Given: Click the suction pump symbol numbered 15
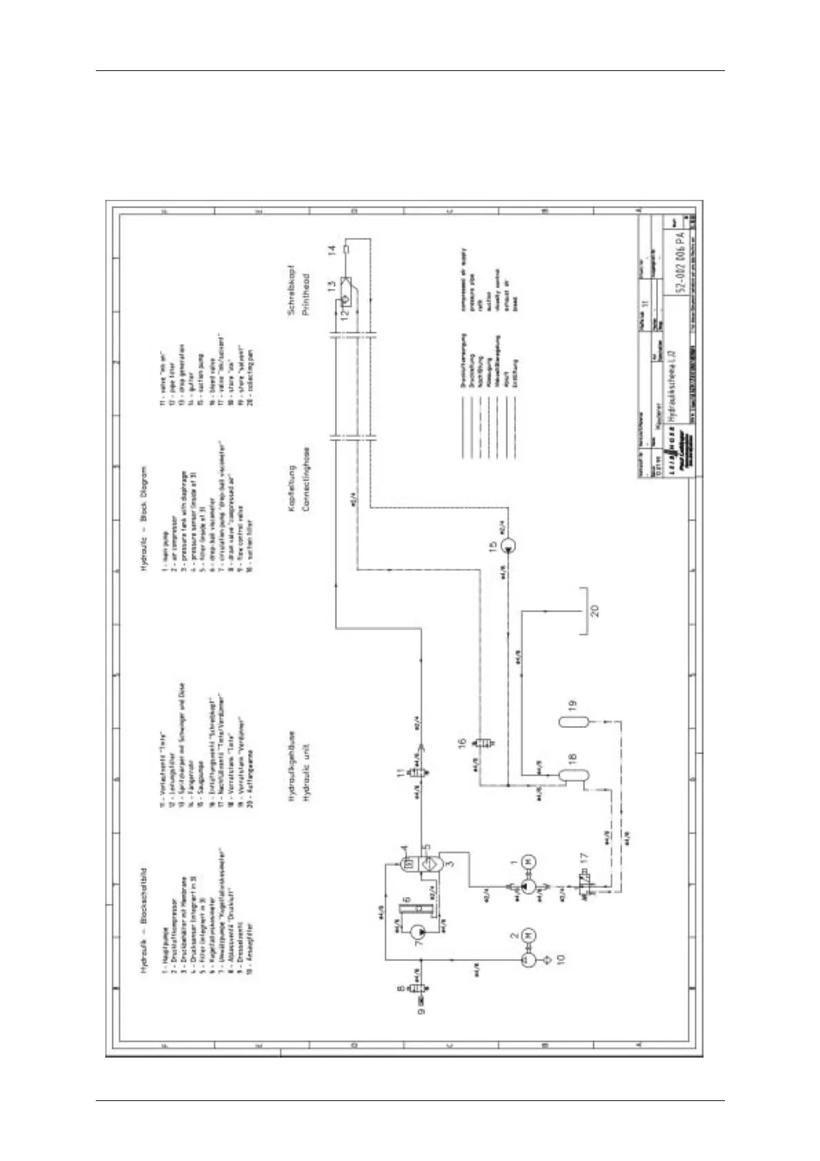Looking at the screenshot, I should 509,546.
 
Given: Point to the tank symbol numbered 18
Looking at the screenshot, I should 571,775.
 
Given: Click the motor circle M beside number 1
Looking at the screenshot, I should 529,861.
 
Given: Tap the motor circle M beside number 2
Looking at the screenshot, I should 529,935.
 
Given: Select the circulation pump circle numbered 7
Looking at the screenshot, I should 418,932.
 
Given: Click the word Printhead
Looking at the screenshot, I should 307,294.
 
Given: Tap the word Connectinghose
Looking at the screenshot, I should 307,478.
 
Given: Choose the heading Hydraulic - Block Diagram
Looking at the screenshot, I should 144,518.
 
